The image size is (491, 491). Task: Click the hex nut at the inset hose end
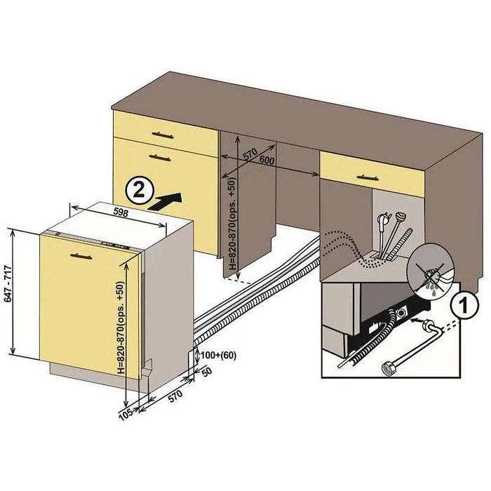[x=386, y=366]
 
